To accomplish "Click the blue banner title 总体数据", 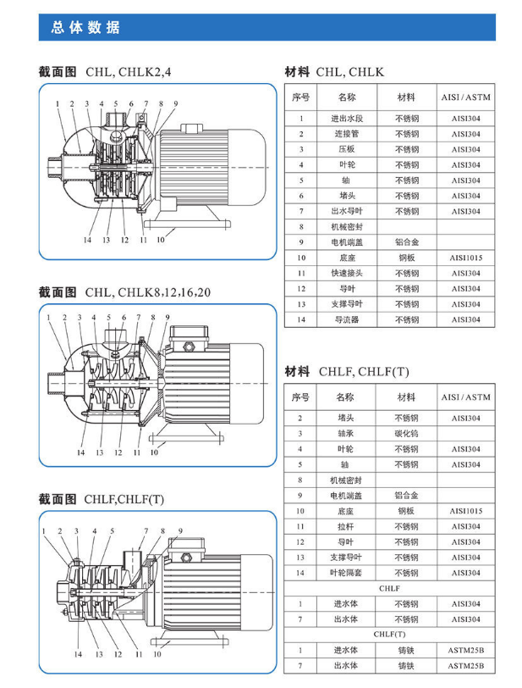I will point(85,27).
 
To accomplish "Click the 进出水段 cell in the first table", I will point(346,119).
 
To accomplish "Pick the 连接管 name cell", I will point(346,134).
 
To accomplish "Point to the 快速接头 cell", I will point(346,273).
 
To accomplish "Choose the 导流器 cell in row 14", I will point(346,319).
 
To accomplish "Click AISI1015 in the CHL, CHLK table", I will point(465,258).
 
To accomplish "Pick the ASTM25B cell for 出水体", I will point(465,666).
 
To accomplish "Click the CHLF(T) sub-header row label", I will point(389,635).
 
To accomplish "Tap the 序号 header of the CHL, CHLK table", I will point(300,97).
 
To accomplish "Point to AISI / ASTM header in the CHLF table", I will point(465,397).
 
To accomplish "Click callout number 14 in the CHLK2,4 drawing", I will point(87,241).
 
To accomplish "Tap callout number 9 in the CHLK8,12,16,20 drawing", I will point(168,318).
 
